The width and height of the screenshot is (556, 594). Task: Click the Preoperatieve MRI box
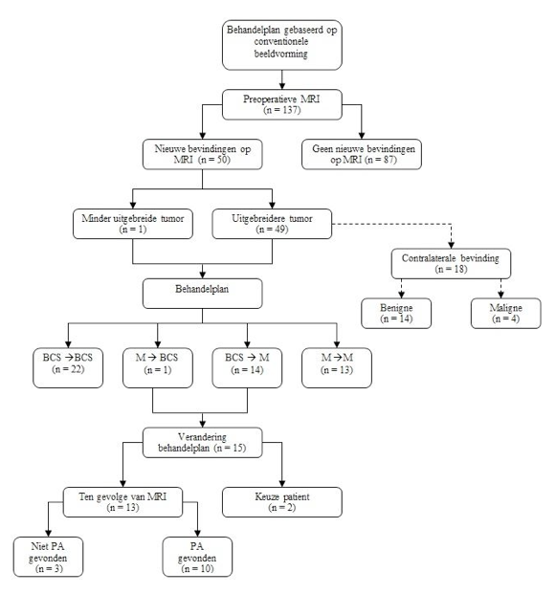(x=282, y=104)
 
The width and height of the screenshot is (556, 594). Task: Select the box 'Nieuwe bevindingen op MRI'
(x=202, y=154)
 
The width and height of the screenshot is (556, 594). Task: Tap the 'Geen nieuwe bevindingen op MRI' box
(x=362, y=154)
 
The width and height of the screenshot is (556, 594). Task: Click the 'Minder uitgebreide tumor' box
(x=133, y=224)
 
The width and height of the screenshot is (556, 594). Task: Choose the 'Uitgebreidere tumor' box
(x=272, y=224)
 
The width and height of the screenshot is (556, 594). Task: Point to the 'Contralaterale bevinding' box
(x=451, y=264)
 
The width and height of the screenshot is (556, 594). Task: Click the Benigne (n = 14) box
(x=396, y=314)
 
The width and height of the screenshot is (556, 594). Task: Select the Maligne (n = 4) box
(x=506, y=314)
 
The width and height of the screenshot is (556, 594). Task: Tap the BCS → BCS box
(x=68, y=368)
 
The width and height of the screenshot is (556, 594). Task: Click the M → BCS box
(x=158, y=368)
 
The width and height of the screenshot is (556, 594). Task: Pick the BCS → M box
(x=247, y=368)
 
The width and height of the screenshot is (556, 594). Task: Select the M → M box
(x=337, y=368)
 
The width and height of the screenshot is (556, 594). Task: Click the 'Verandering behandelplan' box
(x=202, y=443)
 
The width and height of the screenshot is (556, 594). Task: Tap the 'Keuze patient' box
(x=282, y=502)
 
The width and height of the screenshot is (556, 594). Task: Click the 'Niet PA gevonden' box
(x=48, y=557)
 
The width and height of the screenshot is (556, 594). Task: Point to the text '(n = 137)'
(x=282, y=110)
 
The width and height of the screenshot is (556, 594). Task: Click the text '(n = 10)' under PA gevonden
(x=197, y=568)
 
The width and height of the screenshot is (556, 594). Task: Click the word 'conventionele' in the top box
(x=281, y=42)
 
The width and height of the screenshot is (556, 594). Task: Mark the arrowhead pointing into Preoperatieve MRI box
(x=282, y=86)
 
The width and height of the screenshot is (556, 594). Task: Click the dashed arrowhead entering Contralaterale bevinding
(x=451, y=245)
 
